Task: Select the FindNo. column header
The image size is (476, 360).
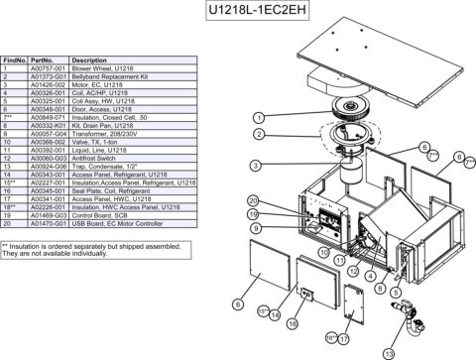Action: tap(15, 60)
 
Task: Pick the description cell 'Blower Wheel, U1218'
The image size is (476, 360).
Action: tap(104, 68)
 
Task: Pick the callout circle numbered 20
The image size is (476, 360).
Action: tap(254, 201)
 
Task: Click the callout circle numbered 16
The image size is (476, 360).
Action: tap(292, 323)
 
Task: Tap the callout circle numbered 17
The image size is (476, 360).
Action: tap(344, 337)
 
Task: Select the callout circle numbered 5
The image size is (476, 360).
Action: tap(396, 293)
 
